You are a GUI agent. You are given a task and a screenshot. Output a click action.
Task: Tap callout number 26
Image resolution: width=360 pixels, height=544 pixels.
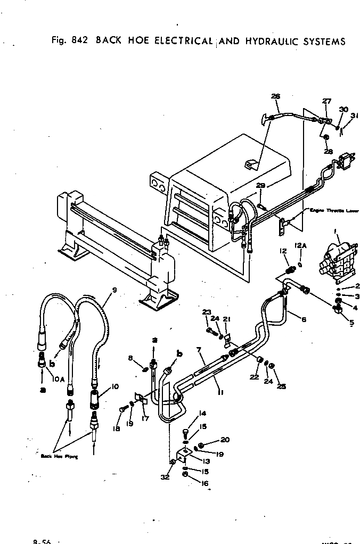(275, 96)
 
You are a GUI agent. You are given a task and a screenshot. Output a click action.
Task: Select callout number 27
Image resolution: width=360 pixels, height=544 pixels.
(326, 101)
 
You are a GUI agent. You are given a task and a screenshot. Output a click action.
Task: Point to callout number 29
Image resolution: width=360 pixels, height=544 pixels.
(260, 186)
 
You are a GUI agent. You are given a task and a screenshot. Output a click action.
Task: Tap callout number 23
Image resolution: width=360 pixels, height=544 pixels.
(207, 312)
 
